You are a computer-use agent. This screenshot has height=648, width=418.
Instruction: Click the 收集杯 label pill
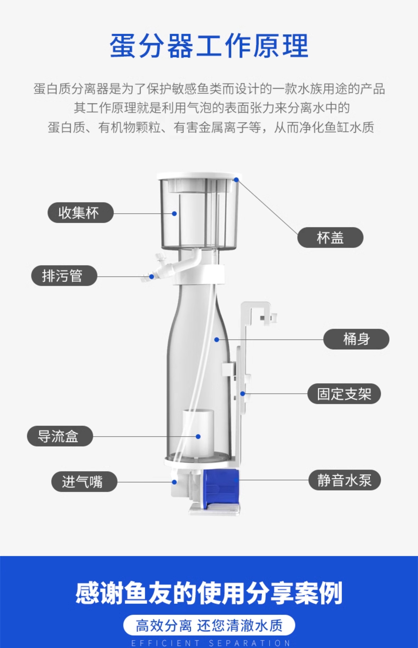click(80, 213)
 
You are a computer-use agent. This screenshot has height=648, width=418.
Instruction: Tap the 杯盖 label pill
click(330, 237)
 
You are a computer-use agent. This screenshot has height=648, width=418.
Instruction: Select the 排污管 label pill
click(64, 276)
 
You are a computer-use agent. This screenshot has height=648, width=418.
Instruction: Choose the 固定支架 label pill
click(344, 394)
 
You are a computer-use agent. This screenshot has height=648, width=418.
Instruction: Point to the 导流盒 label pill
click(60, 436)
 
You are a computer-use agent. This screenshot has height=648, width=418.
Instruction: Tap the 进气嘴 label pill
click(84, 482)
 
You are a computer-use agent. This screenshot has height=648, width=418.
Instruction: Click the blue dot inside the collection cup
click(174, 214)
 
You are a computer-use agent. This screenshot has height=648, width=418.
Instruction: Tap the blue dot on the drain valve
click(152, 277)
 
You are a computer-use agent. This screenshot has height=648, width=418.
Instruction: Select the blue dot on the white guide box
click(198, 436)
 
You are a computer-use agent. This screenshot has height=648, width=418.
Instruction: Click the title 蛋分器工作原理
click(209, 46)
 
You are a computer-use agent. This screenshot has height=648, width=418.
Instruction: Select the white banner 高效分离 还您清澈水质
click(209, 625)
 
